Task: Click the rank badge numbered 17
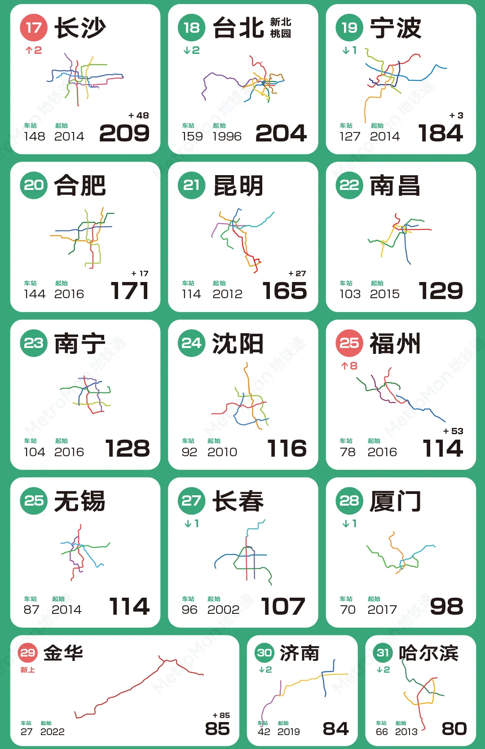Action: pos(34,28)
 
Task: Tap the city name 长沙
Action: pos(80,28)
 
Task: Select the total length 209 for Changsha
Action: pos(124,133)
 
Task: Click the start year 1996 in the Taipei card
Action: pos(227,136)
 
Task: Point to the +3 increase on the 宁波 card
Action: pos(456,115)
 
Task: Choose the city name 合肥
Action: pos(80,185)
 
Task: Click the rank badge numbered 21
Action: pos(191,185)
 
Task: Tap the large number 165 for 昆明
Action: pos(285,291)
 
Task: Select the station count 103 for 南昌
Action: pos(350,294)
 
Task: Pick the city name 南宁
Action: pos(80,344)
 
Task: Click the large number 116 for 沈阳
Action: pos(287,448)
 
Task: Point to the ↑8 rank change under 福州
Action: pos(349,366)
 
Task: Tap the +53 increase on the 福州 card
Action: pos(453,431)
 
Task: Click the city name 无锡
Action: pos(80,501)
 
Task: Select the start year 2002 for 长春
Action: pos(223,609)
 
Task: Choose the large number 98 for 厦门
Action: pos(446,606)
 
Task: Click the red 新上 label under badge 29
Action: pos(27,670)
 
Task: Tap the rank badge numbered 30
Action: pos(265,652)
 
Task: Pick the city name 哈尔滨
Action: pos(428,653)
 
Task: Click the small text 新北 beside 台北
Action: pos(281,22)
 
